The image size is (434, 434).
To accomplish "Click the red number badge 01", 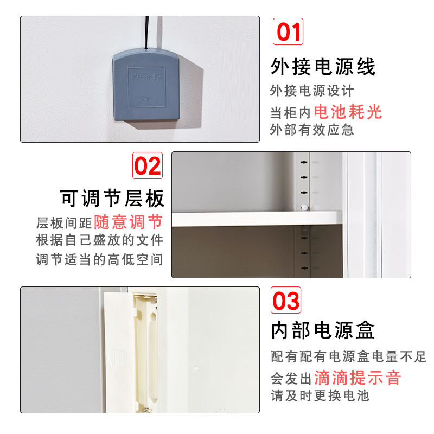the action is [288, 31].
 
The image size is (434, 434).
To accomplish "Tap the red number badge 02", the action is [148, 165].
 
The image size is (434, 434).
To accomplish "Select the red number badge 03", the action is [286, 300].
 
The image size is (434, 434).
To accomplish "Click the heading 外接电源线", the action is [323, 67].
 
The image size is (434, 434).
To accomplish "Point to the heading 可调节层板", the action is [112, 198].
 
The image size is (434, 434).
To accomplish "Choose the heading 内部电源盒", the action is [323, 330].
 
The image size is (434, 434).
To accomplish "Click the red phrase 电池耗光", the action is [348, 112].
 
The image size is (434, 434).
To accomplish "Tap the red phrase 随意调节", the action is [128, 222].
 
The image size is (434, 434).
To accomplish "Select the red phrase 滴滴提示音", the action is [358, 378].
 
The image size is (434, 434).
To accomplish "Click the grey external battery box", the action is [146, 85].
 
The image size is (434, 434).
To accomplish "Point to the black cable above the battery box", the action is [147, 33].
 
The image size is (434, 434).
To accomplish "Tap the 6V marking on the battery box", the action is [145, 98].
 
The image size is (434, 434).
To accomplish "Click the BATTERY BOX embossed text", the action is [146, 76].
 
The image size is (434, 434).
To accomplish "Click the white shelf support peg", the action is [304, 207].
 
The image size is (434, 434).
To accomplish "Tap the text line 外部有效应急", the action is [312, 130].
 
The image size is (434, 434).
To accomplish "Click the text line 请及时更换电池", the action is [320, 395].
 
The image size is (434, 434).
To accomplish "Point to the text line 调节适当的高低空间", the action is [100, 260].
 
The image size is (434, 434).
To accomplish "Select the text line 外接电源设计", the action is [312, 91].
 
